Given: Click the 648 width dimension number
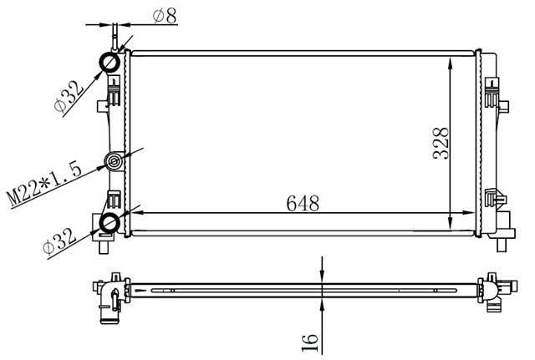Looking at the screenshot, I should pos(303,203).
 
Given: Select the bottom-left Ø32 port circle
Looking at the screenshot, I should pos(110,222).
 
